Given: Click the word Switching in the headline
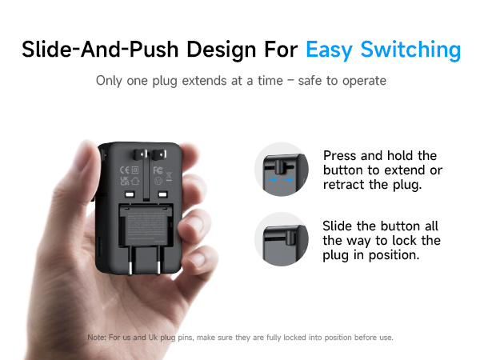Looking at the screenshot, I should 411,50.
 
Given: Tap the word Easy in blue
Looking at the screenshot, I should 330,50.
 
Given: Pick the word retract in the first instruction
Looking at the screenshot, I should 346,185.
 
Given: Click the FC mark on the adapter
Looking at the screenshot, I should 158,170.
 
